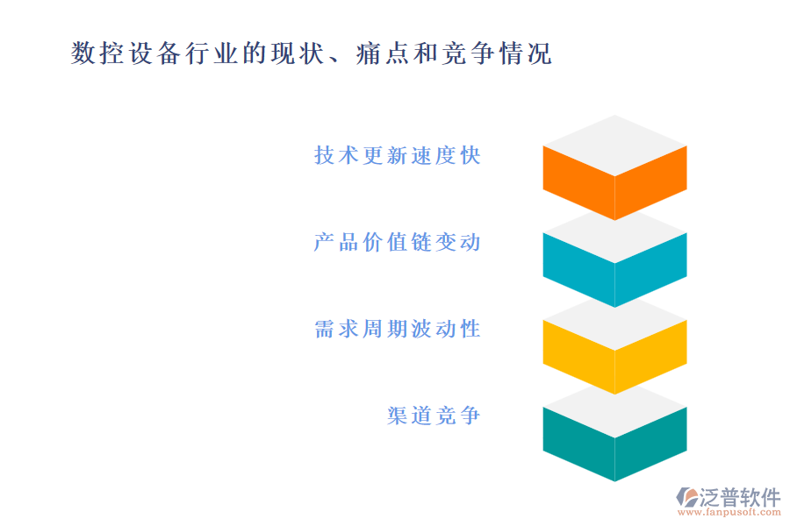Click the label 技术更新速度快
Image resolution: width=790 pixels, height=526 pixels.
click(x=397, y=156)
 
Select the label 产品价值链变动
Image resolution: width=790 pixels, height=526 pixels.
click(x=397, y=242)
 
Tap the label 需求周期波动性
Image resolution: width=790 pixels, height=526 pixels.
click(x=397, y=329)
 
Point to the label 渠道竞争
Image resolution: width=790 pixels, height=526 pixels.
click(x=434, y=416)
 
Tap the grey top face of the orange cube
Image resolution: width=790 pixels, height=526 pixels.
click(x=614, y=145)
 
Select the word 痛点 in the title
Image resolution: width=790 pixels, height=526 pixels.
click(x=379, y=53)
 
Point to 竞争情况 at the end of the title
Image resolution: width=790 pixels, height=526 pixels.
click(x=499, y=53)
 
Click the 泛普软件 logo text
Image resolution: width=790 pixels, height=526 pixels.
click(x=739, y=498)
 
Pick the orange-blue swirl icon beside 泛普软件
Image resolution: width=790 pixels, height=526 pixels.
click(x=686, y=497)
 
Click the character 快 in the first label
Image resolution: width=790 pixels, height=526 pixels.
click(x=470, y=156)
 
